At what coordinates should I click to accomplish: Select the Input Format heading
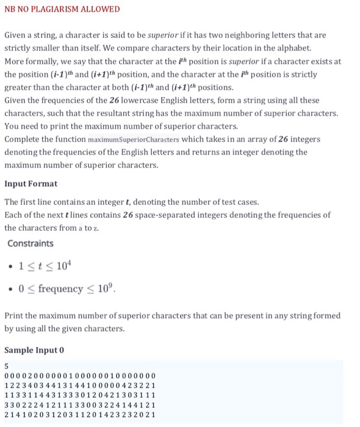[31, 184]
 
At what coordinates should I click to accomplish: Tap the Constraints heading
[31, 243]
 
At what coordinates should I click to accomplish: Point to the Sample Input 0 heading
[34, 351]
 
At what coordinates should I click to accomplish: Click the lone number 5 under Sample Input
[7, 366]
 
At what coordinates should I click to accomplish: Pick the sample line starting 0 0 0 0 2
[80, 375]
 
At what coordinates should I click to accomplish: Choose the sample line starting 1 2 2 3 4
[80, 385]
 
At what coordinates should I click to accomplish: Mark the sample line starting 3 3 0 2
[80, 404]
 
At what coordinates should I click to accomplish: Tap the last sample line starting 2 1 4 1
[80, 415]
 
